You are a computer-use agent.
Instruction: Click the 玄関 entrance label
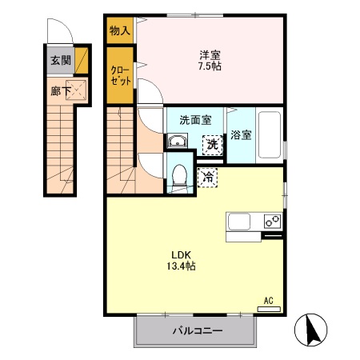tap(61, 61)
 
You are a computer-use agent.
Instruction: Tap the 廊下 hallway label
tap(61, 91)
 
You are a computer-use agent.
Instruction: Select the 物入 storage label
tap(120, 30)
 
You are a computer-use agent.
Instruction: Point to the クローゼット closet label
tap(121, 75)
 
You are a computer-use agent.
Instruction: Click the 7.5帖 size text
tap(210, 66)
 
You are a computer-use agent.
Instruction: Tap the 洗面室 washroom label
tap(195, 120)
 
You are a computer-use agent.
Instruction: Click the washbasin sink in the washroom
tap(177, 141)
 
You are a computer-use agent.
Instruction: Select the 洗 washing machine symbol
tap(213, 145)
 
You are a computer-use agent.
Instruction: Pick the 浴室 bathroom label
tap(241, 135)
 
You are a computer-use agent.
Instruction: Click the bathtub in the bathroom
tap(270, 135)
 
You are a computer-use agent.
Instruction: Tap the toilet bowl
tap(179, 175)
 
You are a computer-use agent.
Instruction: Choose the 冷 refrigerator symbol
tap(207, 178)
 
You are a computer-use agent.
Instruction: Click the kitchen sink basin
tap(239, 222)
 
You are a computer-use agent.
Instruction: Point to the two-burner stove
tap(273, 221)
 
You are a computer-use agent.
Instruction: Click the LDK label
tap(181, 255)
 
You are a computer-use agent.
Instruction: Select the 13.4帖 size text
tap(182, 266)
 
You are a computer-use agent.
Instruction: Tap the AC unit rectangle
tap(269, 309)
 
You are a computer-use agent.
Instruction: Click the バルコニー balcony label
tap(198, 331)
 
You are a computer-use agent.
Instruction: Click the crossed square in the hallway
tap(76, 90)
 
